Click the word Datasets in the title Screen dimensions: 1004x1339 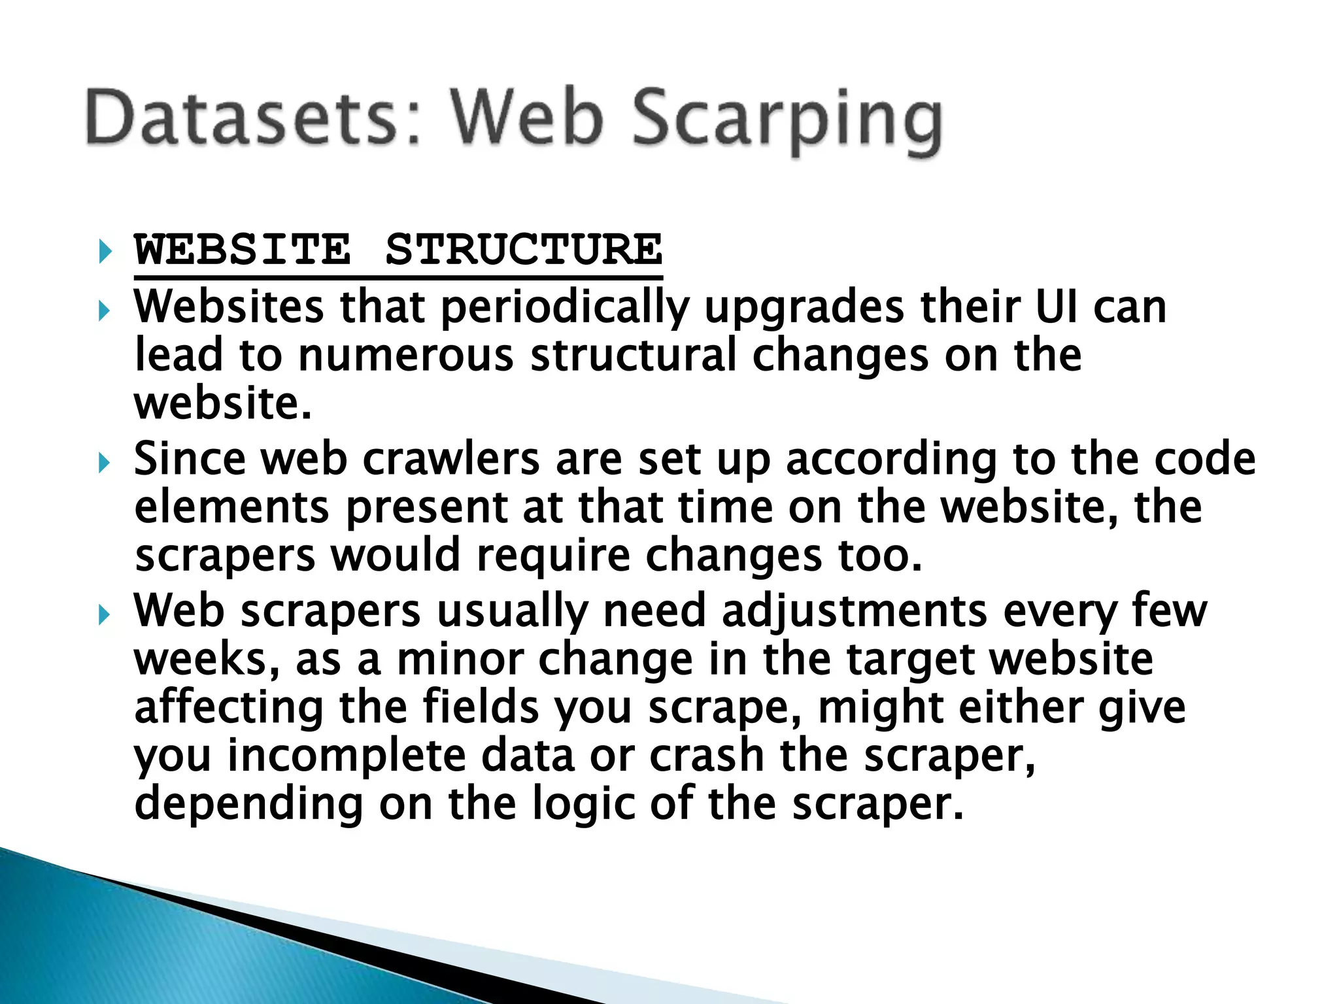(242, 118)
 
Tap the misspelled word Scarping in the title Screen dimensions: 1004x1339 (787, 121)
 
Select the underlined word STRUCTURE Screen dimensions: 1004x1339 (524, 249)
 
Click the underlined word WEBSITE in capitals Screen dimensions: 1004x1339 (243, 249)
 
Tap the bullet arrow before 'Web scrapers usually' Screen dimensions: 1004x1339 (105, 614)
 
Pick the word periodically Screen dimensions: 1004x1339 (566, 307)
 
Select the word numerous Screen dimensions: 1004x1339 (405, 356)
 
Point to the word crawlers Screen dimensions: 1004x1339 (451, 459)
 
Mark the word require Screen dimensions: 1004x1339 (553, 556)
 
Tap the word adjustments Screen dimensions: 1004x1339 (854, 612)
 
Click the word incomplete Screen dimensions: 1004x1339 (346, 756)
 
